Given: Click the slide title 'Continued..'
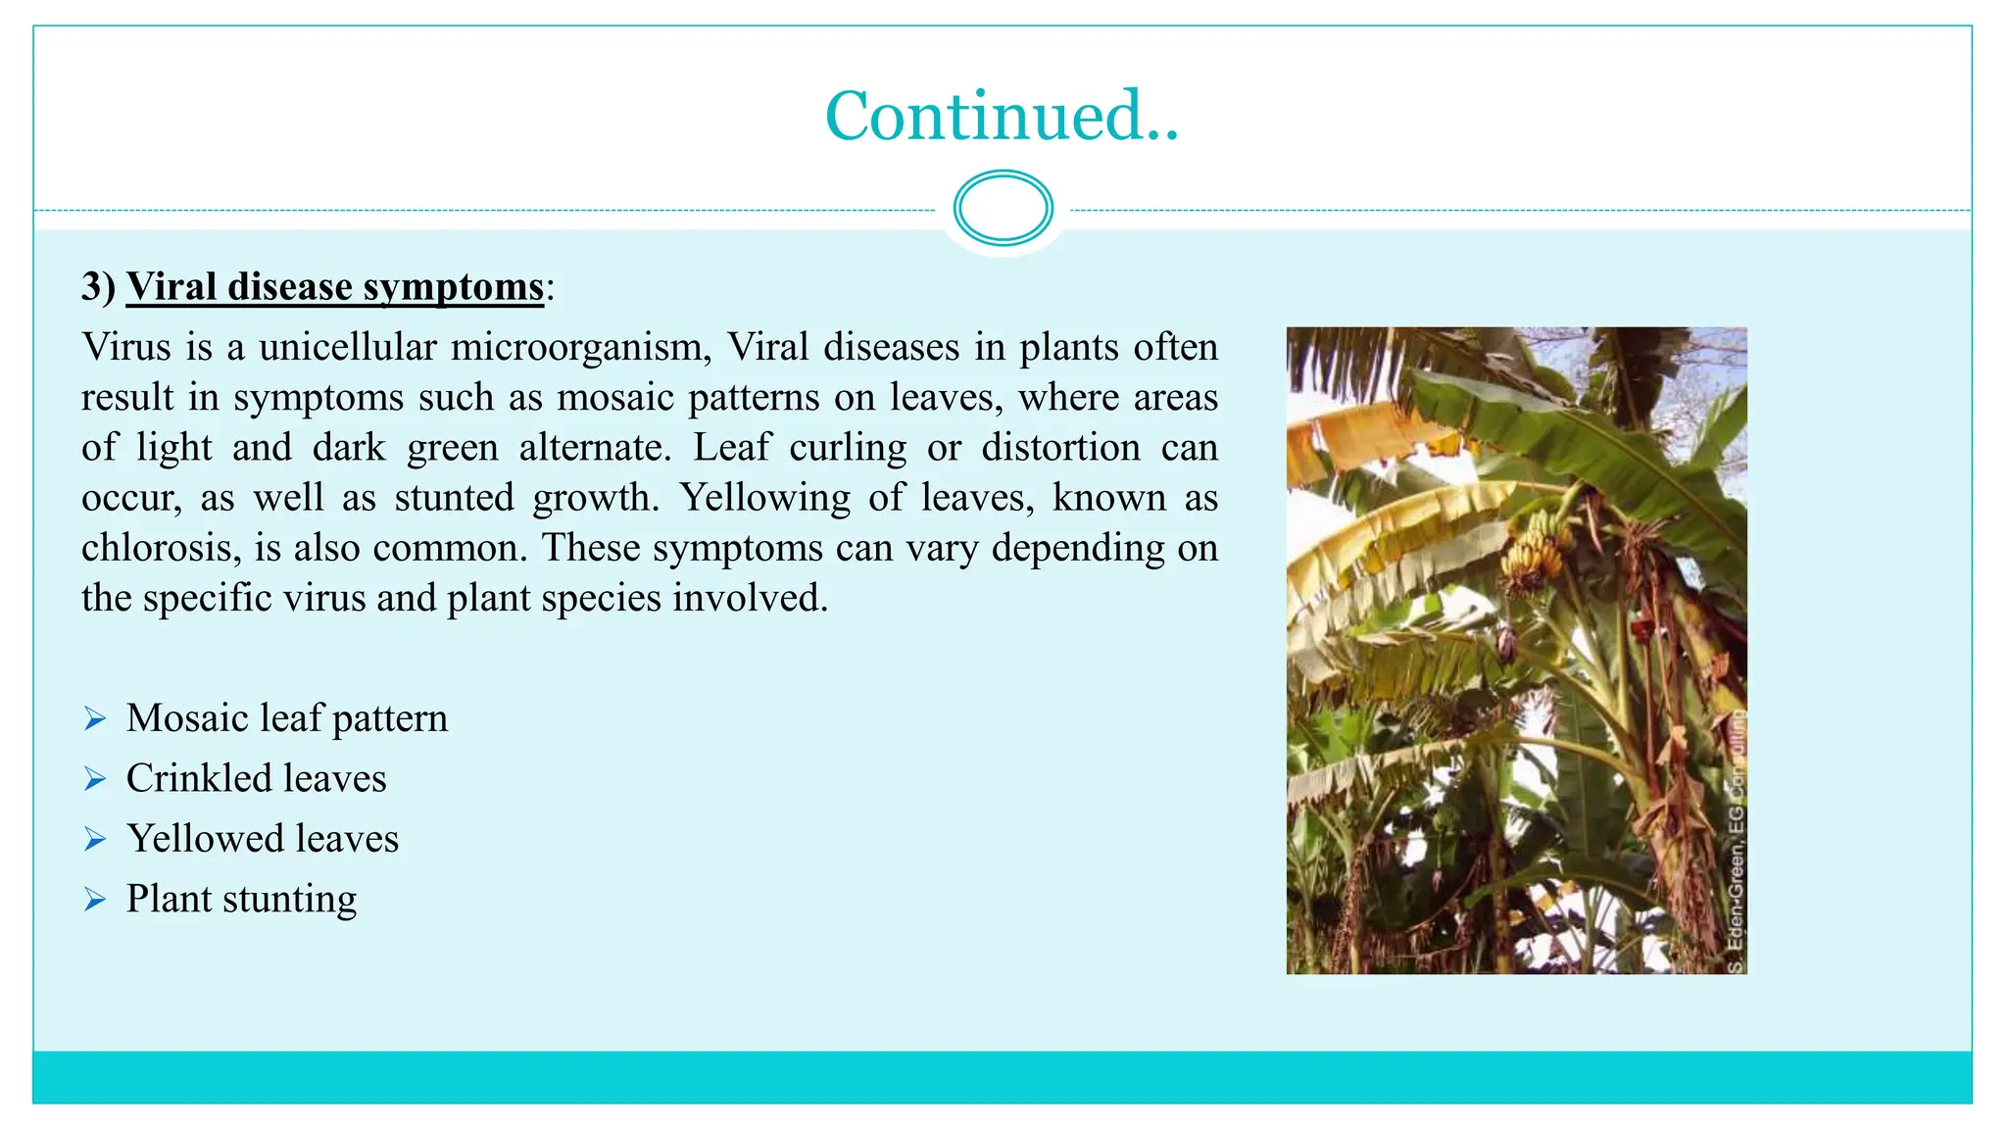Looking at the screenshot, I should point(1002,116).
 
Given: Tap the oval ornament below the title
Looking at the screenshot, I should point(1003,208).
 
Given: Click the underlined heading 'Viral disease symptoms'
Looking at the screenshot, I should point(334,287).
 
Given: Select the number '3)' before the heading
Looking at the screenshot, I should point(98,287).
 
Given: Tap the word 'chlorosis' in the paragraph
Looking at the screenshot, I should point(160,548).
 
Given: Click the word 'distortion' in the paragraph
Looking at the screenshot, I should point(1060,448).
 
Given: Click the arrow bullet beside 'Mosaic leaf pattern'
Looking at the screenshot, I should point(95,719).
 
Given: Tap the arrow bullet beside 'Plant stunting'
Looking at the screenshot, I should point(95,899).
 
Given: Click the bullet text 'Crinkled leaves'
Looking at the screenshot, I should point(256,779).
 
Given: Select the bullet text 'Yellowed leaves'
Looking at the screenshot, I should point(263,839).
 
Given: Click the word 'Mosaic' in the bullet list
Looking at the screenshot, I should point(186,719).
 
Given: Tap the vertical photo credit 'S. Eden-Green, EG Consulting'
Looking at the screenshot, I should point(1736,843).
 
